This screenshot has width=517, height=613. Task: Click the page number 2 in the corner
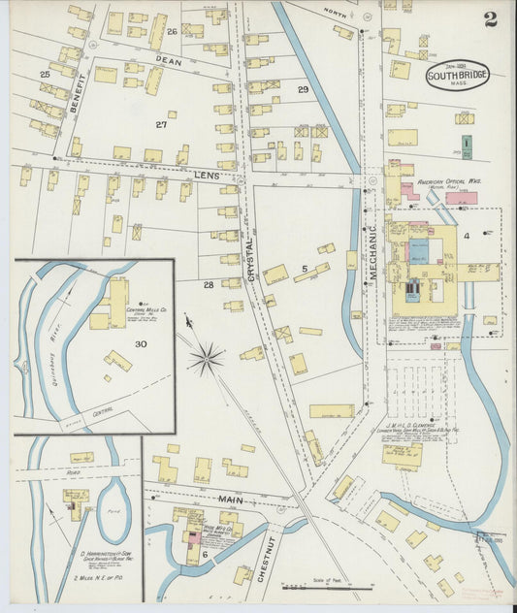click(x=490, y=19)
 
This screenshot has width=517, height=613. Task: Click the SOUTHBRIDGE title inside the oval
click(x=457, y=76)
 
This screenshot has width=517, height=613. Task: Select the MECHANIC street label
click(x=372, y=253)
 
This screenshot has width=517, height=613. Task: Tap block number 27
click(x=161, y=124)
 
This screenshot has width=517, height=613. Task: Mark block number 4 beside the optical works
click(x=466, y=236)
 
